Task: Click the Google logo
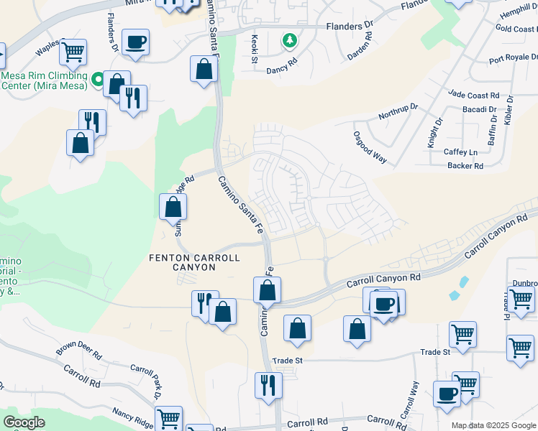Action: [24, 422]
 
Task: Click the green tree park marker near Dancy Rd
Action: [289, 40]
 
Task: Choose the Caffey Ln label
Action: [460, 152]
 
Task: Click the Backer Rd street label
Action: [464, 166]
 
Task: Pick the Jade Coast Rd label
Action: [473, 95]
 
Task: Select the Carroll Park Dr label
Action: [146, 381]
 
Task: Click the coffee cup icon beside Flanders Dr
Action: [135, 42]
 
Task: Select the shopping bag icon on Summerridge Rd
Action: [173, 208]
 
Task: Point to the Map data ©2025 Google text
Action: [493, 425]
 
